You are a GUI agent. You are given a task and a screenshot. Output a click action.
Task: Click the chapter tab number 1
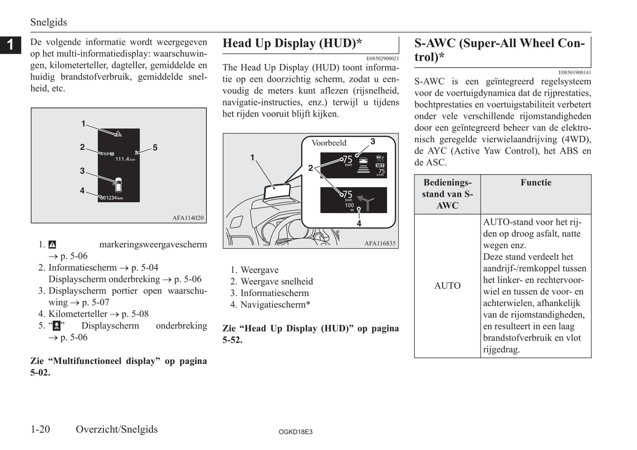[x=10, y=45]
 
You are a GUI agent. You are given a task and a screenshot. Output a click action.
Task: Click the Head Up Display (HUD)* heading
[x=292, y=43]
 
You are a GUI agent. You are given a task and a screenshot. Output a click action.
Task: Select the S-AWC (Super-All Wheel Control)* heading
[x=499, y=50]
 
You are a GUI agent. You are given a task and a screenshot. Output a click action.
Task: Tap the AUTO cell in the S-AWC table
[x=447, y=286]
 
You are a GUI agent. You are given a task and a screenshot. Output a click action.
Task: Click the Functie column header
[x=536, y=183]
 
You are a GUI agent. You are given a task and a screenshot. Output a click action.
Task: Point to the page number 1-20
[x=40, y=429]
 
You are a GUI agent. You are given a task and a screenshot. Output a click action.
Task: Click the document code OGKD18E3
[x=295, y=432]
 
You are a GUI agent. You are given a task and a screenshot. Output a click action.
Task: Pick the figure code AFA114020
[x=188, y=218]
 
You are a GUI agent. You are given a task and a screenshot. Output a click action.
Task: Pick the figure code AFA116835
[x=380, y=243]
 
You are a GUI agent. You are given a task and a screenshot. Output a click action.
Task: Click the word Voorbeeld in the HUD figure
[x=329, y=143]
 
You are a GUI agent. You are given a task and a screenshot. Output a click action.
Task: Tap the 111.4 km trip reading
[x=125, y=159]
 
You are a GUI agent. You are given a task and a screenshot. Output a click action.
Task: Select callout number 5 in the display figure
[x=155, y=147]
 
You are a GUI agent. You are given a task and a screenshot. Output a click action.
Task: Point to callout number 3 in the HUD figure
[x=373, y=141]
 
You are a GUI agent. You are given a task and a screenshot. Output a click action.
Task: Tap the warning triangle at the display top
[x=118, y=133]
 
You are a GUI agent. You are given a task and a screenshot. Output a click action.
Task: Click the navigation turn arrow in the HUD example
[x=366, y=201]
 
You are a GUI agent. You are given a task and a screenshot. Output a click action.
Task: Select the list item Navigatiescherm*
[x=275, y=305]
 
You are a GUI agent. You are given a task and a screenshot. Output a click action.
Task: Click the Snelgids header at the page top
[x=48, y=22]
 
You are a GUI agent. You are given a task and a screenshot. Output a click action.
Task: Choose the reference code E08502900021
[x=382, y=58]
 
